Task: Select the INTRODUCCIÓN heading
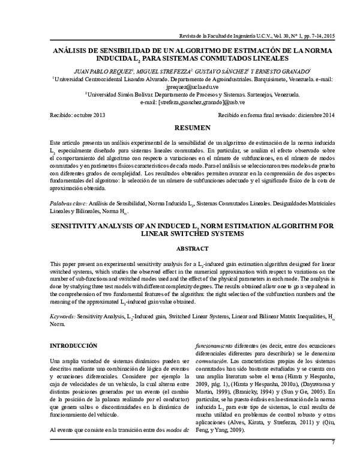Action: click(x=73, y=346)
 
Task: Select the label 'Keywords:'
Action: click(x=62, y=315)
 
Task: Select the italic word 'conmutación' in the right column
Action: click(x=215, y=363)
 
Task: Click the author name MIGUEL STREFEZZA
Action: click(x=175, y=70)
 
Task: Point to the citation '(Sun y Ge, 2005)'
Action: click(x=301, y=391)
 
